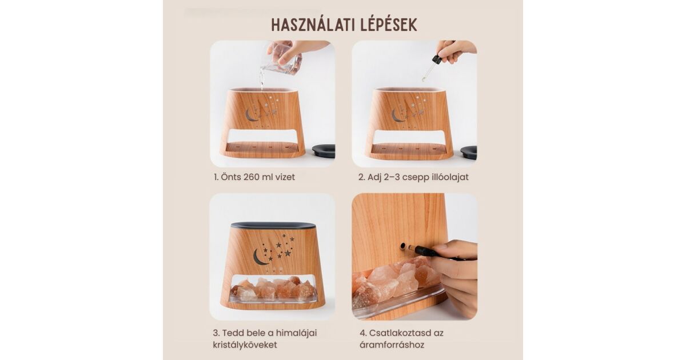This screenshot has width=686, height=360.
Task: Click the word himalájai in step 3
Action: click(x=296, y=333)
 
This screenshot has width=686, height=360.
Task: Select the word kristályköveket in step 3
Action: click(x=245, y=345)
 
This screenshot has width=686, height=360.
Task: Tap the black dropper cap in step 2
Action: click(x=437, y=59)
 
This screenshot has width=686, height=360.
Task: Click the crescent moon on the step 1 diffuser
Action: click(x=251, y=115)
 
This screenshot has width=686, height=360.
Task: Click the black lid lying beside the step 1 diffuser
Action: click(x=324, y=151)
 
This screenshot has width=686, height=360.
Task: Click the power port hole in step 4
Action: click(x=403, y=246)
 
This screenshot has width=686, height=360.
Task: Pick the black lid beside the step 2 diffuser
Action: click(x=469, y=152)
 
